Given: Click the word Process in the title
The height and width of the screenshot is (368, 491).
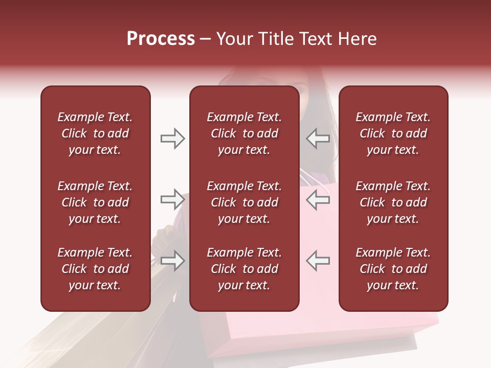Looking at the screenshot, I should point(161,39).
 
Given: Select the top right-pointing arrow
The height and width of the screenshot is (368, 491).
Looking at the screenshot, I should point(172,139).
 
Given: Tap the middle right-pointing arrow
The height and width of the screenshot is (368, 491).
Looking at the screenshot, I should point(172,199).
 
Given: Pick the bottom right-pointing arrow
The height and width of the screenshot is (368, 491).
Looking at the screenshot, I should point(172,261).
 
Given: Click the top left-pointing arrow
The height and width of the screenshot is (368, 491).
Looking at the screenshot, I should point(318,139).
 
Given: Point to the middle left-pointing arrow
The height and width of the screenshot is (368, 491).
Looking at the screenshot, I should point(318,199).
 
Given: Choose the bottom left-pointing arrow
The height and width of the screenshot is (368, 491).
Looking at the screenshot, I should point(318,261).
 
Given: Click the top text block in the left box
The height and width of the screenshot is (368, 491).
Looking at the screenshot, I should point(95,133).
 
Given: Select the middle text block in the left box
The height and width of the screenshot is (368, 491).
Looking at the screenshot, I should point(95,202).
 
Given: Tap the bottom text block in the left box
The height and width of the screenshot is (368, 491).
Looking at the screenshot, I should point(95,269).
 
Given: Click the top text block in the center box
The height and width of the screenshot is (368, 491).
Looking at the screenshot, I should point(244,133).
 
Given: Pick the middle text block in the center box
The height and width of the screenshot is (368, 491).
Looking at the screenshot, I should point(244,202).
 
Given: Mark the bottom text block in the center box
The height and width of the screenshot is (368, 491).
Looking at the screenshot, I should point(244,269).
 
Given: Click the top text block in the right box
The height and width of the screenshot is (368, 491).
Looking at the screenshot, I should point(393,133).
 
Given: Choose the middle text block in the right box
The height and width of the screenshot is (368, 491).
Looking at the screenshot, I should point(393,202).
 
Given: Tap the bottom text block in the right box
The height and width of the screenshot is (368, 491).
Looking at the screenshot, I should point(393,269).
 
